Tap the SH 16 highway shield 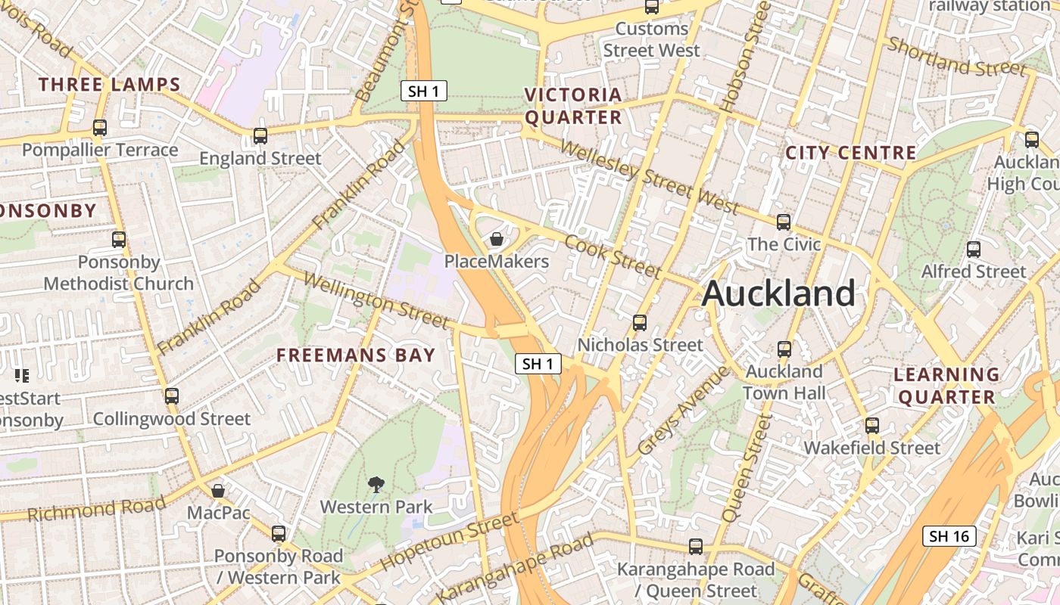coord(949,536)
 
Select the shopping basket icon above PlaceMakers coord(497,240)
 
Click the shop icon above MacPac coord(218,491)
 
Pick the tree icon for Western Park coord(376,484)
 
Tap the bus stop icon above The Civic coord(784,222)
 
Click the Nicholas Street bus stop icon coord(640,323)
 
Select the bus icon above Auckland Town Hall coord(784,349)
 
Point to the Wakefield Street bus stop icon coord(872,426)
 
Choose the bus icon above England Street coord(260,136)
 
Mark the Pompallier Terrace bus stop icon coord(100,128)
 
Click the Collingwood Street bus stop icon coord(172,396)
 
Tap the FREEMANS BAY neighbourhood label coord(356,355)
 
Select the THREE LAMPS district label coord(110,85)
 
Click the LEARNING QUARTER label coord(946,386)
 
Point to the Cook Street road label coord(613,256)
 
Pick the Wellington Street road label coord(376,300)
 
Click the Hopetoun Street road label coord(450,541)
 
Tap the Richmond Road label coord(96,509)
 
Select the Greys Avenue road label coord(683,411)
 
